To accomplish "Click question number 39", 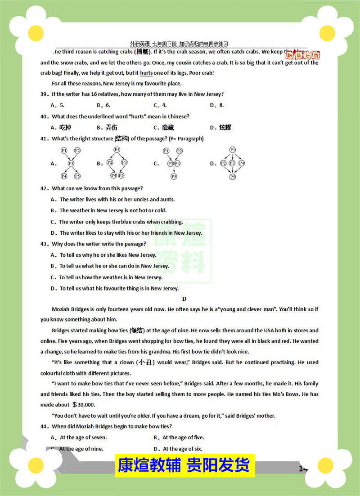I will click(44, 94).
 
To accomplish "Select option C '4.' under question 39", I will click(160, 105).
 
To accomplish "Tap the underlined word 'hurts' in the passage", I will click(146, 73).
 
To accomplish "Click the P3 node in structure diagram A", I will click(71, 163).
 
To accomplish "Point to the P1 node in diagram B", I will click(117, 150).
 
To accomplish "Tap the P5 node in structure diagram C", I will click(174, 176).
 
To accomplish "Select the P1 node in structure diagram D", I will click(232, 150).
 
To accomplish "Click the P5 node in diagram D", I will click(232, 177).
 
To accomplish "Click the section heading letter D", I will click(184, 299).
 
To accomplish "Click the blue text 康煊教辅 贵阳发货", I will click(184, 465).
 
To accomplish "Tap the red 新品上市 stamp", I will click(310, 55).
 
